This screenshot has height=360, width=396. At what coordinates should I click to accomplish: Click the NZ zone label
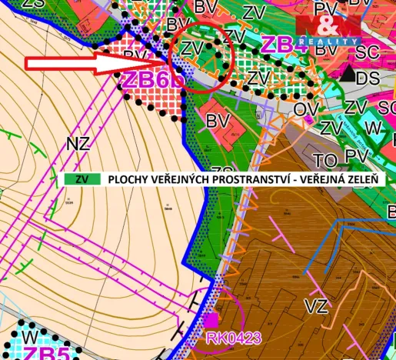[78, 143]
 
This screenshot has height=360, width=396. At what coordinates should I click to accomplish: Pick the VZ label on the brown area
[315, 307]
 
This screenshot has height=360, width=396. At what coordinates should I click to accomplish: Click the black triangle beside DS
[348, 75]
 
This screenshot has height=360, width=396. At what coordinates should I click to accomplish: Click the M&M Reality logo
[328, 26]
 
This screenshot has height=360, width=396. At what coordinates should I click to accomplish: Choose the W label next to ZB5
[29, 338]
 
